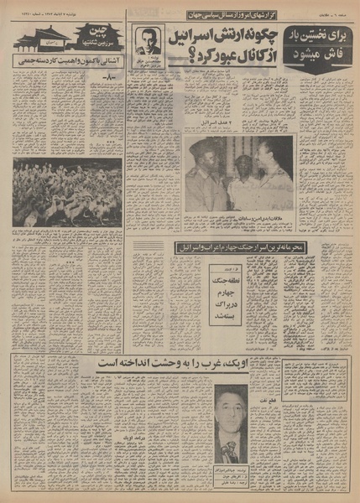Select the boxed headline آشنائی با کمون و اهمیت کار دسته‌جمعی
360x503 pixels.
(67, 61)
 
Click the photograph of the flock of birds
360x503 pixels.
(67, 193)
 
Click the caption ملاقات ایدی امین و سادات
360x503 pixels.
(239, 216)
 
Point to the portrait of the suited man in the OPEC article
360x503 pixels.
(231, 417)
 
